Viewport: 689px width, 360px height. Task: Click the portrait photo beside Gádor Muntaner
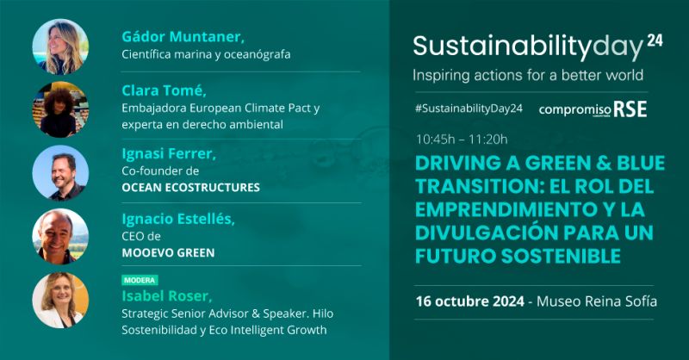pos(60,47)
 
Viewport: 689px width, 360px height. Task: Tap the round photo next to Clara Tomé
pos(60,109)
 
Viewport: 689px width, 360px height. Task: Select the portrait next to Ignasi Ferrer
pos(60,173)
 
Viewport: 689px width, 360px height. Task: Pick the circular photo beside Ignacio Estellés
pos(60,236)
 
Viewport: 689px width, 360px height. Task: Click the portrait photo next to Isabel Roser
pos(60,300)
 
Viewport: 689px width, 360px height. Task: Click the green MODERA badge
pos(140,280)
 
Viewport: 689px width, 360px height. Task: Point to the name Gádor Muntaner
pos(183,36)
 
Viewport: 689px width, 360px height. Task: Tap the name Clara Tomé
pos(164,90)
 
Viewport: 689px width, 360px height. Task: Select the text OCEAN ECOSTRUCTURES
pos(190,187)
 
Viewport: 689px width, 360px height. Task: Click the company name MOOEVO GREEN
pos(168,252)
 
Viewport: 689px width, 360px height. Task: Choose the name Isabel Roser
pos(166,295)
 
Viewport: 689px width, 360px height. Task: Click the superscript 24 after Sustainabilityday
pos(655,40)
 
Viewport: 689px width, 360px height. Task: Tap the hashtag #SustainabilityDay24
pos(469,109)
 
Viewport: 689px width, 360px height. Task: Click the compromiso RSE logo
pos(593,109)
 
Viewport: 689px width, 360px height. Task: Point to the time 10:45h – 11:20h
pos(462,140)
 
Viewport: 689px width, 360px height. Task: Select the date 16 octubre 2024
pos(469,301)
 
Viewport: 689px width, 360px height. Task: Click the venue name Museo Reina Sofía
pos(597,301)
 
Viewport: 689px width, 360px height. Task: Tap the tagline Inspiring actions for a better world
pos(528,75)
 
